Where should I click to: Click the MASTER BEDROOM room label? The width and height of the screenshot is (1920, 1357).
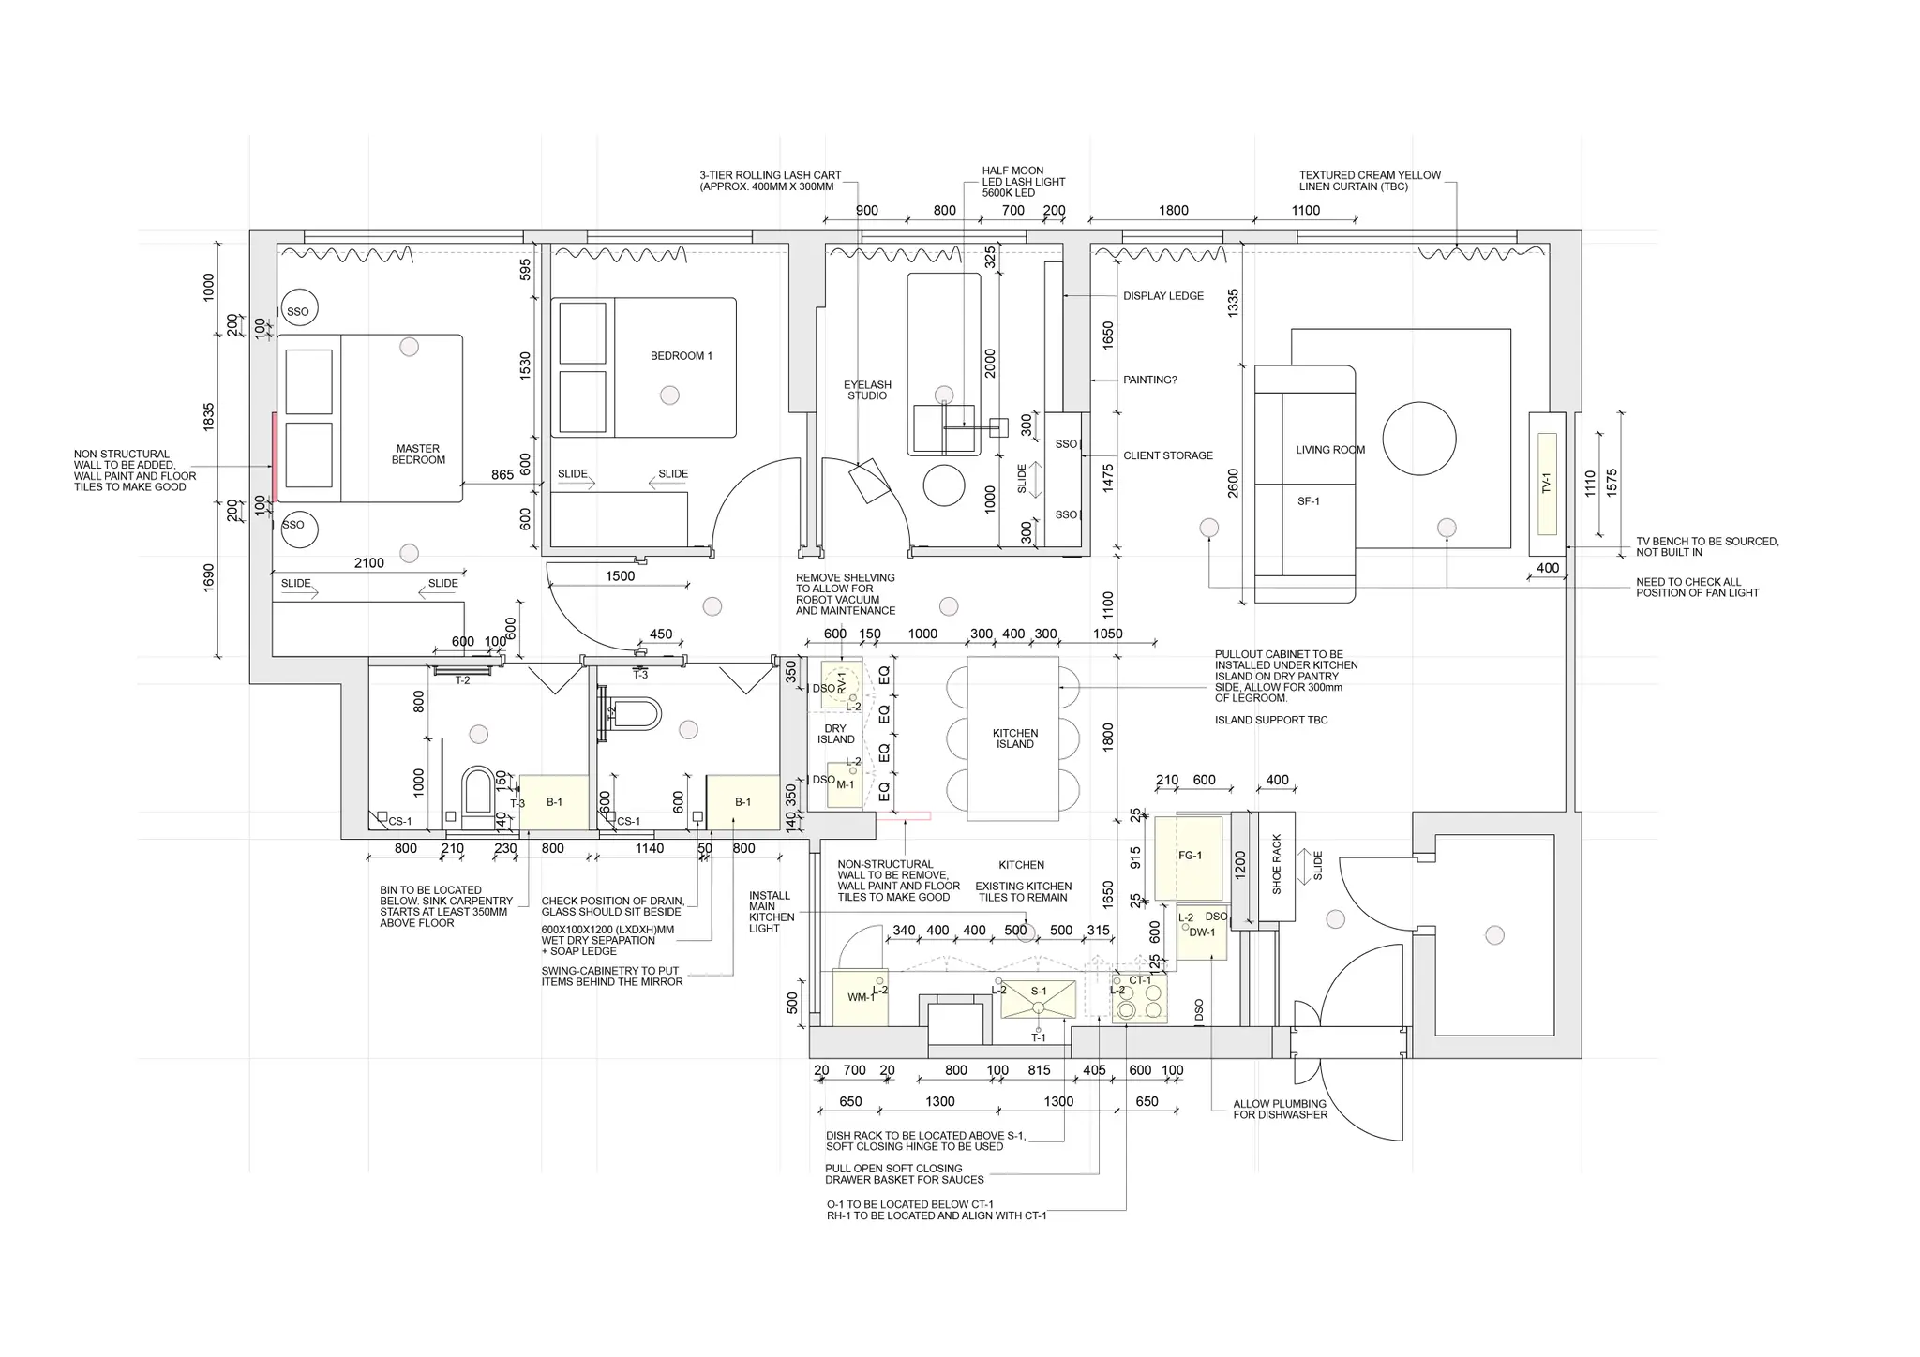(418, 455)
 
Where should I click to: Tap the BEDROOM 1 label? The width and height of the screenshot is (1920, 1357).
(682, 356)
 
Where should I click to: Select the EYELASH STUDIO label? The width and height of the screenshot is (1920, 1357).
(867, 390)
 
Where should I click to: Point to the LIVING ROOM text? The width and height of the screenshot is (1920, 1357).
(1330, 450)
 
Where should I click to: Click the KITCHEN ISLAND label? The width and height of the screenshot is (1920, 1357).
(1015, 738)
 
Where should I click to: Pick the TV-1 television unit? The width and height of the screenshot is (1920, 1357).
(1547, 484)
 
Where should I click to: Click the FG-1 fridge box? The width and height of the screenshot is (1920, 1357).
(1189, 857)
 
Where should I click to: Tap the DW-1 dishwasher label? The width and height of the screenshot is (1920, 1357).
(1202, 932)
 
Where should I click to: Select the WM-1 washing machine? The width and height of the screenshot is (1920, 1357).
(860, 997)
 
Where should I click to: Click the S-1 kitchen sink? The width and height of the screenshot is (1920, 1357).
(1039, 999)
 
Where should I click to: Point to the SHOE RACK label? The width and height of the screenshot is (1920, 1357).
(1276, 864)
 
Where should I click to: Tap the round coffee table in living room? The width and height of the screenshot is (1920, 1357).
(1419, 439)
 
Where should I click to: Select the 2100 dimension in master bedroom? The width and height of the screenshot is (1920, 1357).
(369, 563)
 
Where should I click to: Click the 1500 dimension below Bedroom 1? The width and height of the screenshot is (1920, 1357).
(620, 576)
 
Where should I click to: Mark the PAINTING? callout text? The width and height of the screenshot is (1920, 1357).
(1150, 380)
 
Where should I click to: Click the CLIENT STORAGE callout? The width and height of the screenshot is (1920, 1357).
(1168, 455)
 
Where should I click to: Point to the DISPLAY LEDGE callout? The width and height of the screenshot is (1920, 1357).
(1163, 296)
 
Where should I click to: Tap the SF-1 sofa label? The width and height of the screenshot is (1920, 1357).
(1309, 501)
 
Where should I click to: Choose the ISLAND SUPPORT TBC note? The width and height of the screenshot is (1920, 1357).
(1271, 721)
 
